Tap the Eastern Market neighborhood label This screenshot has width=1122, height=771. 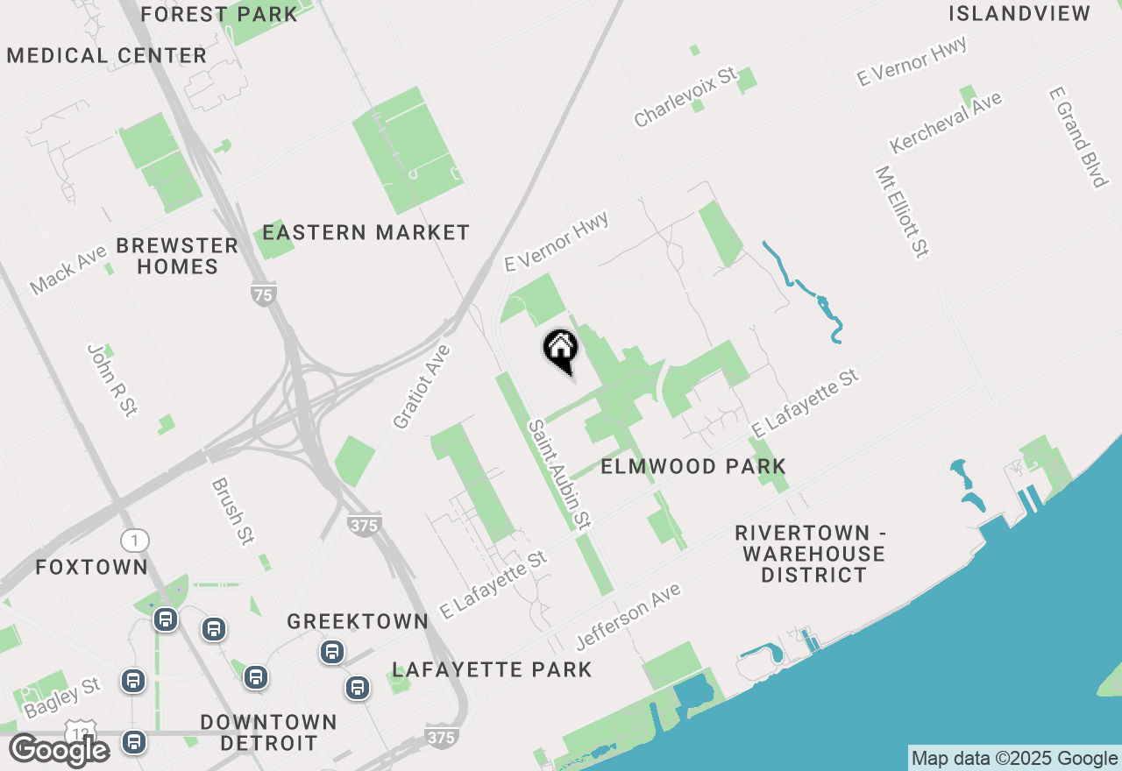pyautogui.click(x=366, y=233)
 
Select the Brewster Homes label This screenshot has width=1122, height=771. pyautogui.click(x=177, y=256)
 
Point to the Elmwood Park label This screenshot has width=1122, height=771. pyautogui.click(x=693, y=466)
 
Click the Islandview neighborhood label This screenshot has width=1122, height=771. pyautogui.click(x=1019, y=14)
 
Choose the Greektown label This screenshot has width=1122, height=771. pyautogui.click(x=358, y=622)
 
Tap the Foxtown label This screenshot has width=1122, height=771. pyautogui.click(x=92, y=567)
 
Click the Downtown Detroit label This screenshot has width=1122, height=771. pyautogui.click(x=268, y=733)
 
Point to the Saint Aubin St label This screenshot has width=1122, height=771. pyautogui.click(x=558, y=474)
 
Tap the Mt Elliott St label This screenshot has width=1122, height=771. pyautogui.click(x=901, y=212)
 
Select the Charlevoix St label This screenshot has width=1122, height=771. pyautogui.click(x=686, y=99)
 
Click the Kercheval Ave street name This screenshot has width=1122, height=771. pyautogui.click(x=946, y=122)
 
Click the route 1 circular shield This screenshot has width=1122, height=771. pyautogui.click(x=135, y=540)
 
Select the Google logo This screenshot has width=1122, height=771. pyautogui.click(x=59, y=750)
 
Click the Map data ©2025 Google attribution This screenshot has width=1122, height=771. pyautogui.click(x=1014, y=759)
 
